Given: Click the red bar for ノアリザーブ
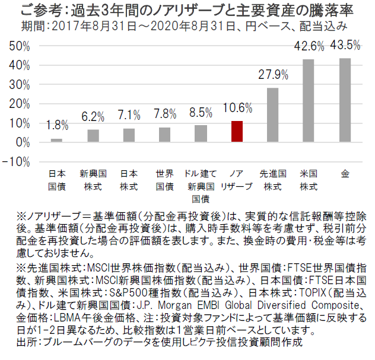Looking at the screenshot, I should (x=237, y=132).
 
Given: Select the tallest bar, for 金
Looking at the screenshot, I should (x=344, y=100).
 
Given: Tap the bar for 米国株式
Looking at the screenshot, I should (x=309, y=101).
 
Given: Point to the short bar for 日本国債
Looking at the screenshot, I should (x=56, y=141).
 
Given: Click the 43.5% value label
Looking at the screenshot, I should (x=345, y=45).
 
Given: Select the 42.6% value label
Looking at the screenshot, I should (x=309, y=47).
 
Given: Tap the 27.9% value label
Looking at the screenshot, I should (x=273, y=75).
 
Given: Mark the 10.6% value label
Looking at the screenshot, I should (x=237, y=108).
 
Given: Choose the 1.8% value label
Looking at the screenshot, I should (x=57, y=125).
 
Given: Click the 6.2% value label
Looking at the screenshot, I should (x=93, y=117).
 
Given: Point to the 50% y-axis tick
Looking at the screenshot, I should (x=19, y=46).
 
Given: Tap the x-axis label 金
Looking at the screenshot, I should (x=345, y=174).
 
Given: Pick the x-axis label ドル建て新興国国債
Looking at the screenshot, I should (x=201, y=186).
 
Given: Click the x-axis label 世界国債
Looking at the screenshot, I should (x=164, y=180).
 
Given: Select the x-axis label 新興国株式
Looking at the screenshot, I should (x=93, y=180).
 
